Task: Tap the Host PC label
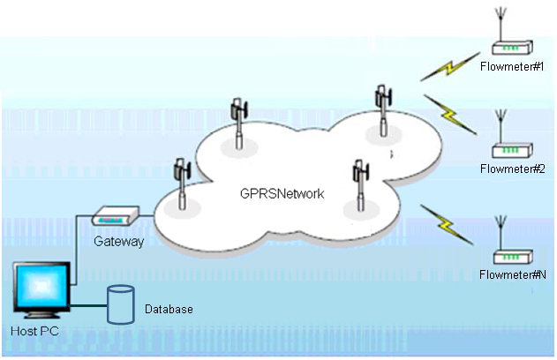35,332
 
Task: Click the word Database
169,310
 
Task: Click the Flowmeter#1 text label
512,67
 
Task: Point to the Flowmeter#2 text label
511,169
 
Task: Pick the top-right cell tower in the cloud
383,109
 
